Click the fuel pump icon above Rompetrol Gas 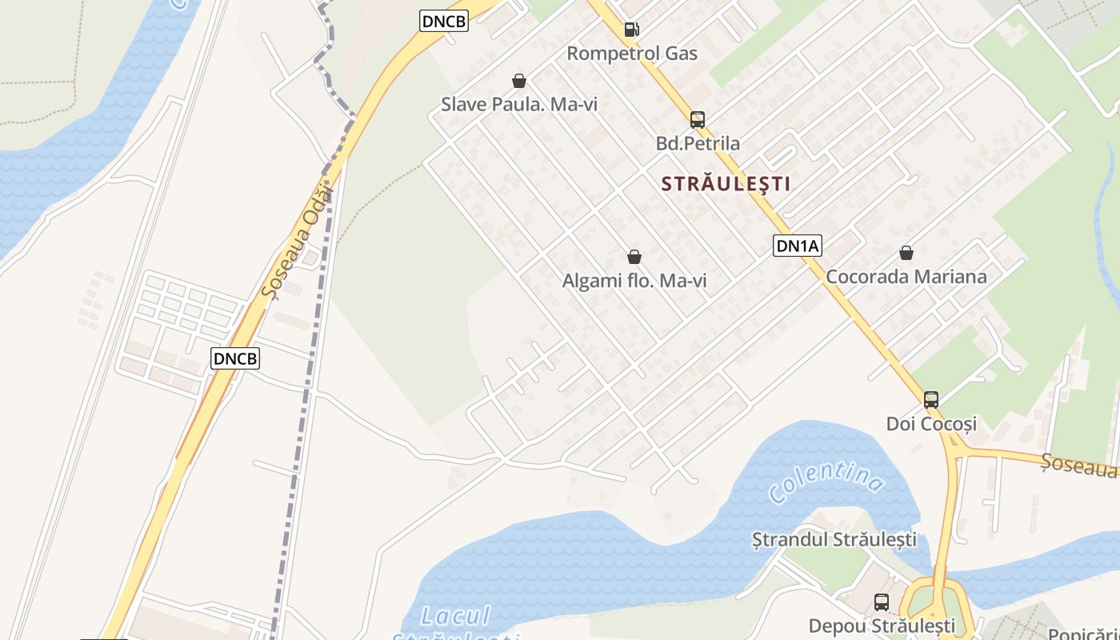[631, 30]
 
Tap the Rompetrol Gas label [632, 54]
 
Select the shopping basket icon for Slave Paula [519, 81]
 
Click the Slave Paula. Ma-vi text [519, 105]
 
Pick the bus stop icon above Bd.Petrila [698, 120]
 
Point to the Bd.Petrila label [698, 144]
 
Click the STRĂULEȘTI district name [726, 184]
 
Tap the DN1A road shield [798, 246]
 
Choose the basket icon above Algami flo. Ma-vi [634, 257]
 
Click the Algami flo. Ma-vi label [634, 281]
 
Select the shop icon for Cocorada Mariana [906, 253]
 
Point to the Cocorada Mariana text [906, 277]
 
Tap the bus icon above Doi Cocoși [931, 399]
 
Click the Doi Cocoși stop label [931, 424]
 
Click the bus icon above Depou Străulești [882, 602]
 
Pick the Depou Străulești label [882, 625]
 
